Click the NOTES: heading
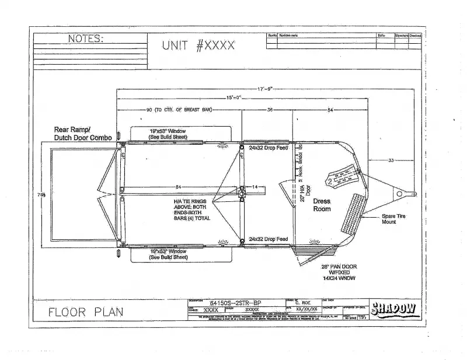86,39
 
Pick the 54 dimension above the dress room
330,110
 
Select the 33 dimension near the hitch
391,160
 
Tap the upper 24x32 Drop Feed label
268,148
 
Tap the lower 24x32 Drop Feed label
268,239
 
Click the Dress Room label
322,204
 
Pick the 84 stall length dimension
178,187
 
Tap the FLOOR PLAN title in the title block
85,312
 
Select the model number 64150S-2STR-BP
236,303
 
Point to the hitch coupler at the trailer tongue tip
411,193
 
